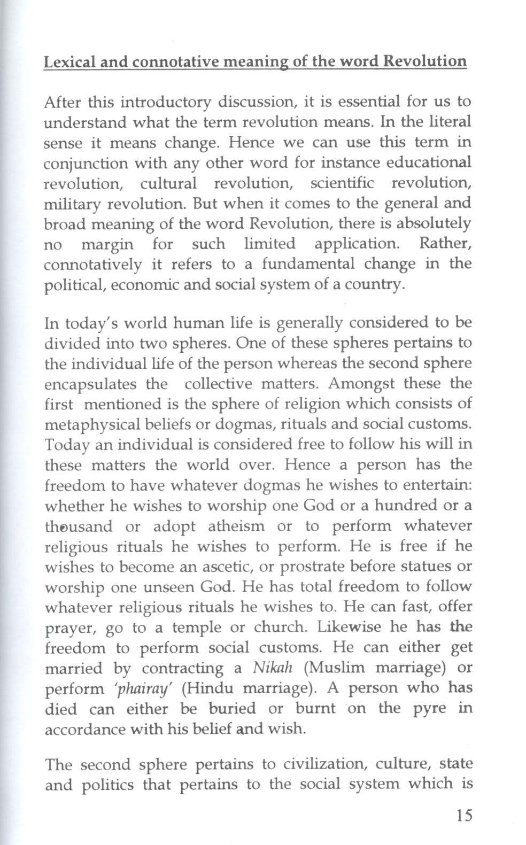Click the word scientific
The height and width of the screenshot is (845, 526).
coord(342,183)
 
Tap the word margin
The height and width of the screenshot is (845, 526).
coord(107,245)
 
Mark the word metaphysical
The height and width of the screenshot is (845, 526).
coord(86,425)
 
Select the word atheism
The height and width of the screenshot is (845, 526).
coord(236,526)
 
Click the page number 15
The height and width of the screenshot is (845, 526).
coord(465,816)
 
